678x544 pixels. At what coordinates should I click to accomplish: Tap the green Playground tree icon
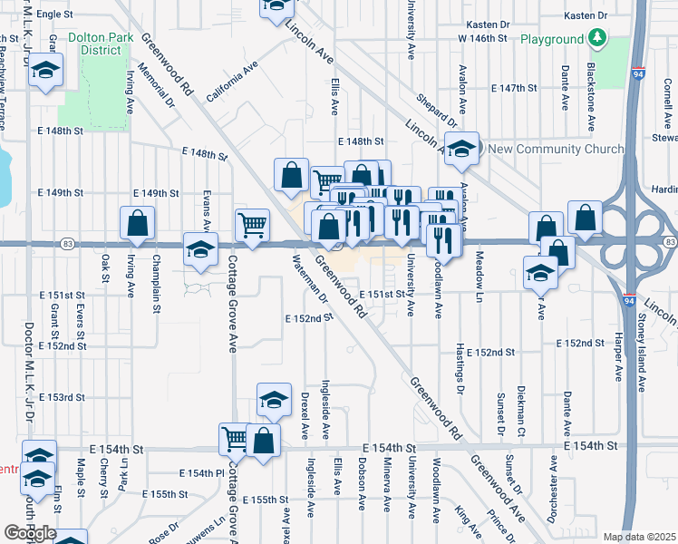[596, 38]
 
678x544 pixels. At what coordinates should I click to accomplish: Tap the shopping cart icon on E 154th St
[235, 439]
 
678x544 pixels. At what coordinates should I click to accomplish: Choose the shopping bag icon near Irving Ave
[136, 223]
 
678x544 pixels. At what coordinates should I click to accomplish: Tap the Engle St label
[55, 15]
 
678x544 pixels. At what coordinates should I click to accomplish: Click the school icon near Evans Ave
[199, 250]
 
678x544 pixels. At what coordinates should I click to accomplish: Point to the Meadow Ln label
[479, 270]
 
